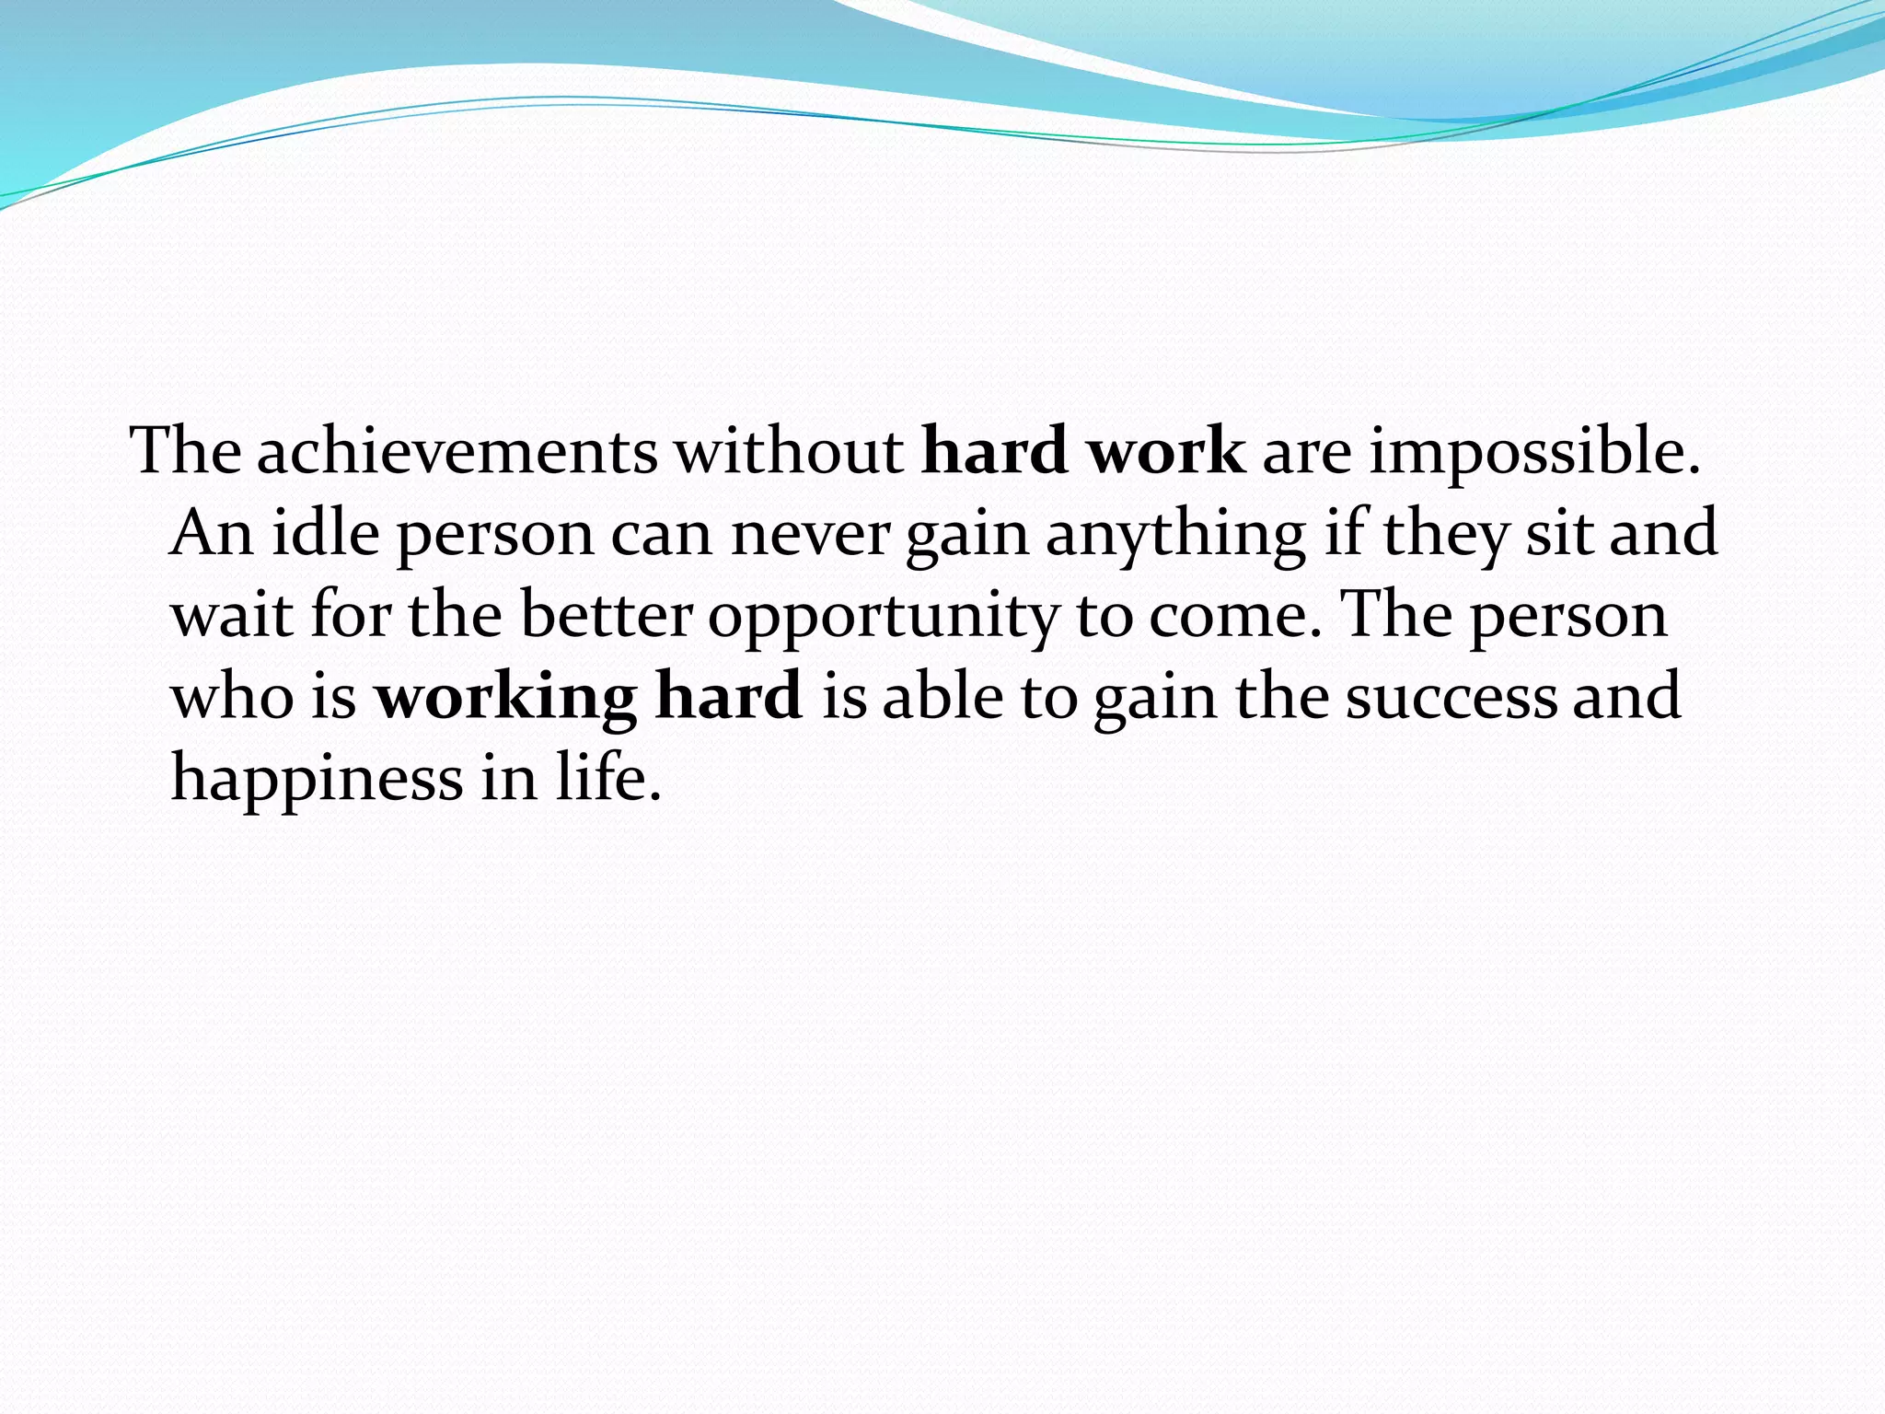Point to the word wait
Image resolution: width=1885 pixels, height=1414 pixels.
[x=233, y=614]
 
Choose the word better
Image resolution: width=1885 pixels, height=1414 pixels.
[x=607, y=614]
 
